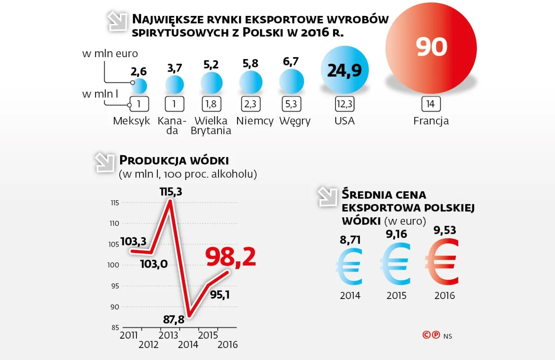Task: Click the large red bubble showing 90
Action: [x=431, y=48]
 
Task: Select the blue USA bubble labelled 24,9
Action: [x=344, y=70]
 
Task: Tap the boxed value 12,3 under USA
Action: [x=344, y=104]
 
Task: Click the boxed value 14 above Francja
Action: [x=431, y=104]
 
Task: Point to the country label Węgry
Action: [x=295, y=121]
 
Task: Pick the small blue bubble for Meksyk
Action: [x=139, y=86]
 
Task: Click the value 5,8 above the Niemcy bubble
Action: [x=250, y=63]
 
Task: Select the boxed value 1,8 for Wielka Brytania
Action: [x=211, y=104]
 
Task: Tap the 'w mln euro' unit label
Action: [x=110, y=54]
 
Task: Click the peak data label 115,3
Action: [x=171, y=192]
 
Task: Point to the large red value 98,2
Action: [x=230, y=257]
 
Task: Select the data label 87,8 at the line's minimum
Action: [x=174, y=319]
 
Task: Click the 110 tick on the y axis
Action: [x=114, y=224]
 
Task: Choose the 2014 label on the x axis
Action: [x=188, y=345]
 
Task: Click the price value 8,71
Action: [x=350, y=240]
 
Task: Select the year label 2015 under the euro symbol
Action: [x=396, y=295]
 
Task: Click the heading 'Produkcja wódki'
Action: [x=174, y=161]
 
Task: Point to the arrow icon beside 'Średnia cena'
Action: [x=327, y=197]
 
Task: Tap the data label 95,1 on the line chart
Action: [x=220, y=295]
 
